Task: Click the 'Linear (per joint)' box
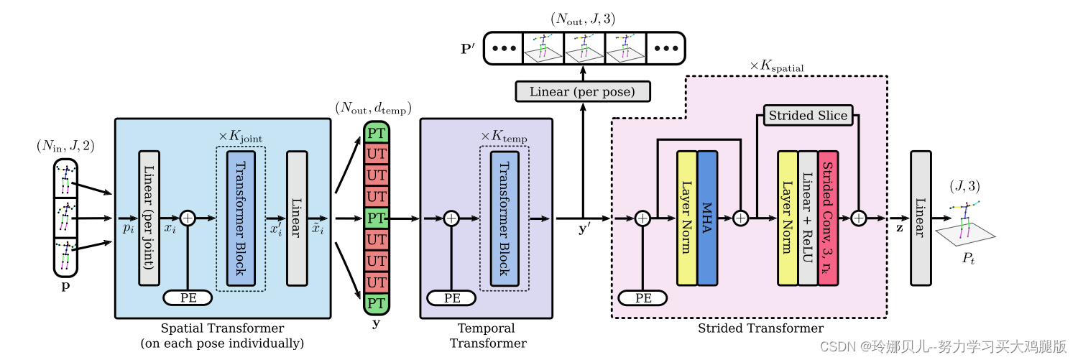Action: click(x=149, y=218)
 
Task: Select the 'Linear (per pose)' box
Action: click(x=583, y=91)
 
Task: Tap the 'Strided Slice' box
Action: click(x=808, y=116)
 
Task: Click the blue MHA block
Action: click(x=707, y=218)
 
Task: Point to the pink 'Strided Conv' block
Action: click(x=828, y=218)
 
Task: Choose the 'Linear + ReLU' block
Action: click(x=808, y=218)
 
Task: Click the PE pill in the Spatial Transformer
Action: click(x=188, y=298)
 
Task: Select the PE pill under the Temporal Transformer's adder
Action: click(x=451, y=298)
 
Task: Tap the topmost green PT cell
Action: click(x=377, y=133)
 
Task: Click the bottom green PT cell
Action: click(x=377, y=304)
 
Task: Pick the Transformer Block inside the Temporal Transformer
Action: click(x=505, y=218)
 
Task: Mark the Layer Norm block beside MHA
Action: click(x=687, y=218)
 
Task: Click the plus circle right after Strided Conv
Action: click(x=859, y=218)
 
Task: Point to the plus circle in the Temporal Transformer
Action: click(x=451, y=218)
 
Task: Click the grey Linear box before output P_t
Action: click(x=921, y=218)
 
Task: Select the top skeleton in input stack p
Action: click(x=66, y=178)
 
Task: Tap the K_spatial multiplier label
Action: click(x=777, y=66)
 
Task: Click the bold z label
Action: click(x=899, y=229)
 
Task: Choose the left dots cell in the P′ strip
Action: click(x=503, y=48)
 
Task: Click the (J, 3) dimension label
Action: click(x=965, y=186)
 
